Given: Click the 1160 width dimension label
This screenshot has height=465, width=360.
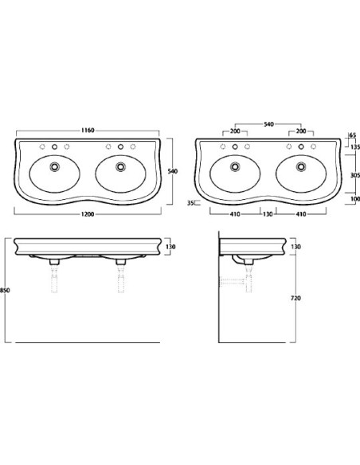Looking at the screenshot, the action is point(88,131).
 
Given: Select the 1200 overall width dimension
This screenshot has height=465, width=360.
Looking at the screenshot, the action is point(88,214).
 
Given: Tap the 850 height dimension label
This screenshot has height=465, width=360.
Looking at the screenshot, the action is point(5,291).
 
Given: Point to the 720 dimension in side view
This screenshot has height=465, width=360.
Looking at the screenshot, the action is point(295,298).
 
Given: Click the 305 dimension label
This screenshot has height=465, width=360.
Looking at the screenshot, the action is point(355,175).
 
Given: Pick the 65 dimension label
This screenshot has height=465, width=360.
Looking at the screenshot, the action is point(352,135).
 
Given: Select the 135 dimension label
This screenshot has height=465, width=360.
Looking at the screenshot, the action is point(355,147).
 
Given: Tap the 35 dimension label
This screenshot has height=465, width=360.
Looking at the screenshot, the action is point(190,203).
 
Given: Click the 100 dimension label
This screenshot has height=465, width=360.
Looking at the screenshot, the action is point(355,199).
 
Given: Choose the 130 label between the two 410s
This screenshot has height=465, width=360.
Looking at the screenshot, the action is point(268,214).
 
